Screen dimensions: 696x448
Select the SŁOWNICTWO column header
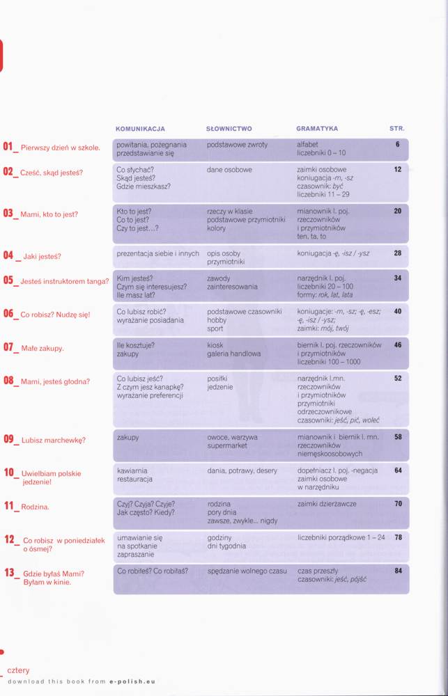point(229,129)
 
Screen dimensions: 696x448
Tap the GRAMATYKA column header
point(317,129)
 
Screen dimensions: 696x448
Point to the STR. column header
point(396,129)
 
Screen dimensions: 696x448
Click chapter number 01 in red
point(9,147)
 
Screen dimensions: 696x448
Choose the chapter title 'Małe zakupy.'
point(43,348)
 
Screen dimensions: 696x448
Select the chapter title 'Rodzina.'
point(35,507)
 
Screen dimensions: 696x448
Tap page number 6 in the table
point(397,145)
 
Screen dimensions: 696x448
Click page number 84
point(397,571)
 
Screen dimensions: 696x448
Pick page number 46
point(397,345)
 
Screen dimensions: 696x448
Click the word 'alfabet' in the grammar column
point(307,145)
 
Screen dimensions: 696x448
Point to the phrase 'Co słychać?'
point(135,170)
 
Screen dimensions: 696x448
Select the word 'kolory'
point(217,228)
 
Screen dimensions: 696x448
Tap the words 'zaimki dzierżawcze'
point(327,503)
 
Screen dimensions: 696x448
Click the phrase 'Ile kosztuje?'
point(136,345)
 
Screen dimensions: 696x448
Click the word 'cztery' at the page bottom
point(19,670)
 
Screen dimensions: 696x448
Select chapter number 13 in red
point(9,573)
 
